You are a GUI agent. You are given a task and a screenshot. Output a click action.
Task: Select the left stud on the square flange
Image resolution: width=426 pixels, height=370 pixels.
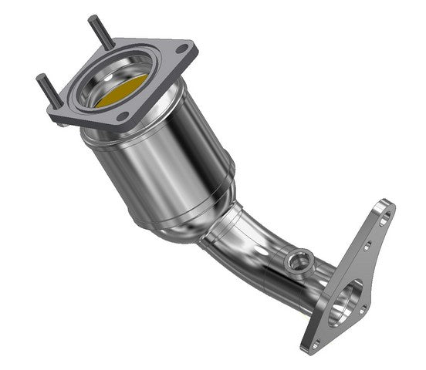48,88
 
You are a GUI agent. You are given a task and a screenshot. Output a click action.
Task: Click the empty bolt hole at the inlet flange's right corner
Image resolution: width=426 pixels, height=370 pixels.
181,49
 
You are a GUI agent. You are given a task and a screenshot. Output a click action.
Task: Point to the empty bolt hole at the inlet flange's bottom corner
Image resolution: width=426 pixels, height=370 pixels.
123,116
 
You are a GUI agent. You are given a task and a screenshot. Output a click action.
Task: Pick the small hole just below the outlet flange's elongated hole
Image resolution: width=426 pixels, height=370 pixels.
369,246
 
